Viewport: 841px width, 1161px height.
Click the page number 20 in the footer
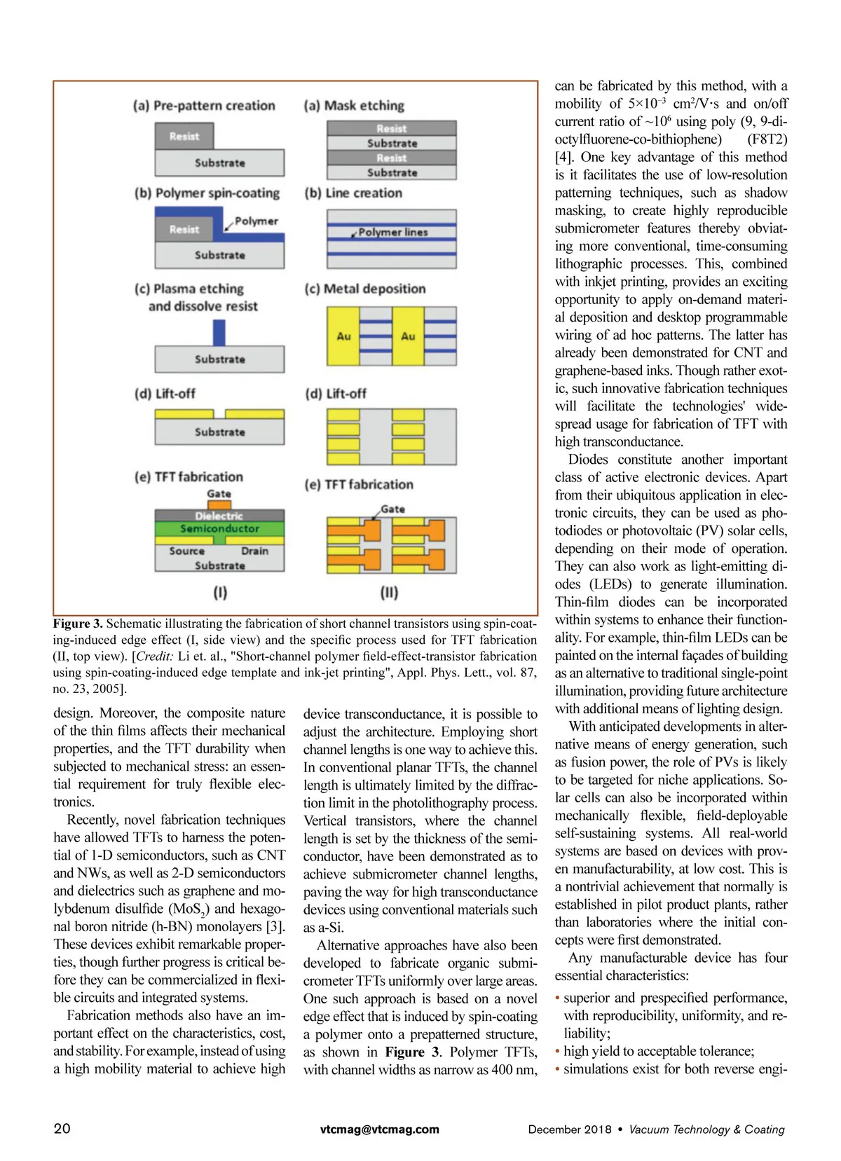pyautogui.click(x=62, y=1128)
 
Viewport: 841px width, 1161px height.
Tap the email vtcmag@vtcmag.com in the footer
pyautogui.click(x=379, y=1129)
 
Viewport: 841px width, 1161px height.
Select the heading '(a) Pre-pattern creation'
pyautogui.click(x=204, y=106)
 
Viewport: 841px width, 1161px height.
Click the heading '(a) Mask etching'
pyautogui.click(x=354, y=106)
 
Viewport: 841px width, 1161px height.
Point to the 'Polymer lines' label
pyautogui.click(x=392, y=232)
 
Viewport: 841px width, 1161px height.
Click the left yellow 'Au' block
pyautogui.click(x=343, y=336)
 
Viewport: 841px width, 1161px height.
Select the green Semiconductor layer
pyautogui.click(x=219, y=529)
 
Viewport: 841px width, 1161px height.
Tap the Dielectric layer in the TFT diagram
pyautogui.click(x=219, y=516)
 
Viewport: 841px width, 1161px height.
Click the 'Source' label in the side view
pyautogui.click(x=186, y=551)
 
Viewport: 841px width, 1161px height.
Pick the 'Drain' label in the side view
pyautogui.click(x=254, y=551)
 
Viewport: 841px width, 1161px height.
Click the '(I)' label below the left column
pyautogui.click(x=220, y=593)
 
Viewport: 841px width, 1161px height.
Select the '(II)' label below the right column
pyautogui.click(x=389, y=593)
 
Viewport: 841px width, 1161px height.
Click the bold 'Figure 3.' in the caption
pyautogui.click(x=78, y=624)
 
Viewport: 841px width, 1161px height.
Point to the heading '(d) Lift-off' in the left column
pyautogui.click(x=165, y=394)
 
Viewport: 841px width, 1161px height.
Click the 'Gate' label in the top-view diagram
pyautogui.click(x=392, y=509)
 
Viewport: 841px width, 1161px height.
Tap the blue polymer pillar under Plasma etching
pyautogui.click(x=219, y=333)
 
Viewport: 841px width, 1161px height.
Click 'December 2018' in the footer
pyautogui.click(x=570, y=1129)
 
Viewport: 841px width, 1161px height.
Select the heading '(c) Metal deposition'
pyautogui.click(x=365, y=289)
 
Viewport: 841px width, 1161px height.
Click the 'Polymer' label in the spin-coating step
pyautogui.click(x=256, y=221)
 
